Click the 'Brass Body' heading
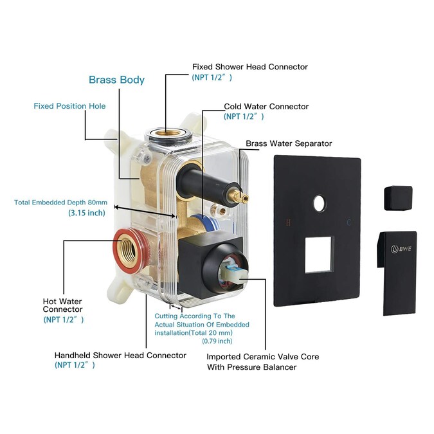click(116, 80)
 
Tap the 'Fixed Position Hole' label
click(69, 105)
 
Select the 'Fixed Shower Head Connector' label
click(250, 67)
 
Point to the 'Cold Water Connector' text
click(266, 106)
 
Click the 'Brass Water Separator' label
click(289, 143)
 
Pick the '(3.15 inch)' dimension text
click(87, 213)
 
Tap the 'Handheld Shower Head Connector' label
click(120, 355)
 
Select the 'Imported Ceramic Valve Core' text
click(262, 356)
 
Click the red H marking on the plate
click(287, 222)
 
